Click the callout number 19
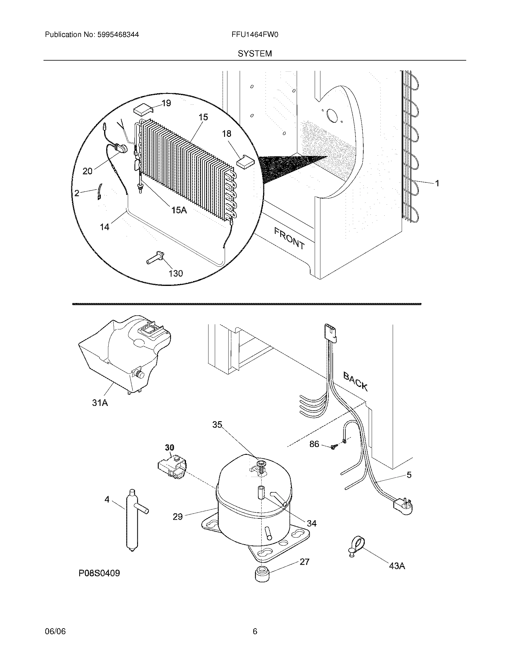(x=166, y=103)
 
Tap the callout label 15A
(x=179, y=210)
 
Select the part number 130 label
(x=175, y=273)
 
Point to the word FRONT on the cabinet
(x=289, y=238)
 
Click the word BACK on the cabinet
(x=355, y=382)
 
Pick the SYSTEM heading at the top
(x=255, y=54)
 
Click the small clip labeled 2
(x=99, y=193)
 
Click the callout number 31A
(x=100, y=403)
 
